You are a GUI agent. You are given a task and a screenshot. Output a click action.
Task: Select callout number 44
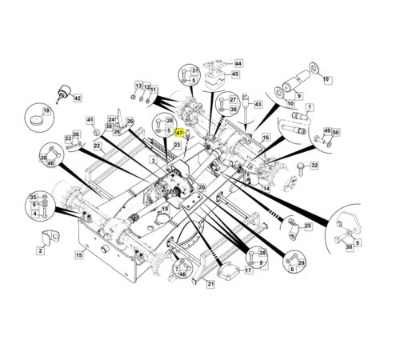click(238, 62)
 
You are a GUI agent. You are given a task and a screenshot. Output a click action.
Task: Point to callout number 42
click(77, 98)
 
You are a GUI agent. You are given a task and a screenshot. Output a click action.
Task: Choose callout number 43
click(258, 104)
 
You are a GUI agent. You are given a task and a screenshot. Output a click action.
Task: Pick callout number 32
click(314, 166)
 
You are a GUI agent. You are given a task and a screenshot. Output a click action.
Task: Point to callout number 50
click(336, 132)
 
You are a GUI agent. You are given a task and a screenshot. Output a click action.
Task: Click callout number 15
click(78, 255)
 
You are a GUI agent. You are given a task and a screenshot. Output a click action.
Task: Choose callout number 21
click(211, 284)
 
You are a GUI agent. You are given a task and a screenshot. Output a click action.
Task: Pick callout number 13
click(138, 86)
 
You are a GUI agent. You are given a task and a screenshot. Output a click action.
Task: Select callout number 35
click(34, 197)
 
